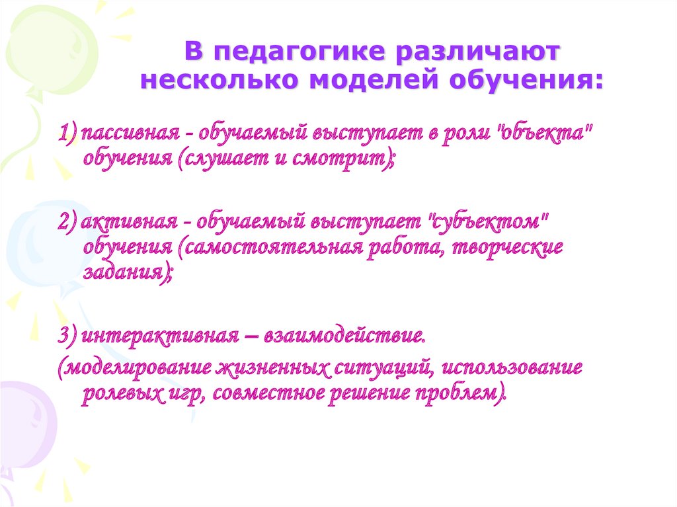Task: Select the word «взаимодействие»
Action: [x=343, y=336]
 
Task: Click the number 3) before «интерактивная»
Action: [x=68, y=336]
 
